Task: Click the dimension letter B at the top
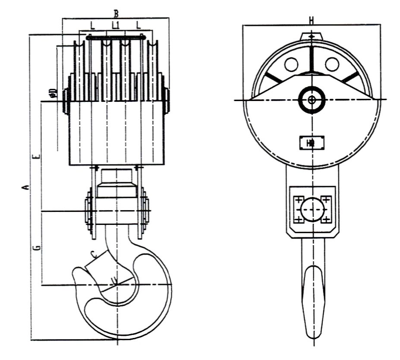click(116, 13)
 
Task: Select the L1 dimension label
click(115, 25)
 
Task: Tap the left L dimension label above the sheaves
click(92, 25)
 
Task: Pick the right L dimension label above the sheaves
click(139, 25)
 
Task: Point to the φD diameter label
click(53, 93)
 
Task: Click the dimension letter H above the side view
click(312, 20)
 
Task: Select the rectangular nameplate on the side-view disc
click(312, 143)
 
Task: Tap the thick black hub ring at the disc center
click(312, 100)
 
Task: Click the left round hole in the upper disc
click(291, 65)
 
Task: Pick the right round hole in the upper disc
click(332, 65)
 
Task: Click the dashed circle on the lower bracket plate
click(312, 210)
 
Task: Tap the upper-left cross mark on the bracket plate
click(299, 200)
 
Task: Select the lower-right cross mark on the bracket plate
click(326, 220)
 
